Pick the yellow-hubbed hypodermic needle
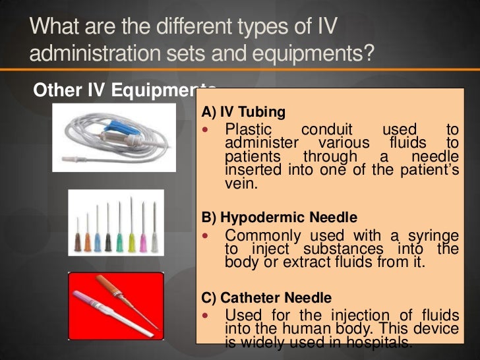pyautogui.click(x=131, y=239)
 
